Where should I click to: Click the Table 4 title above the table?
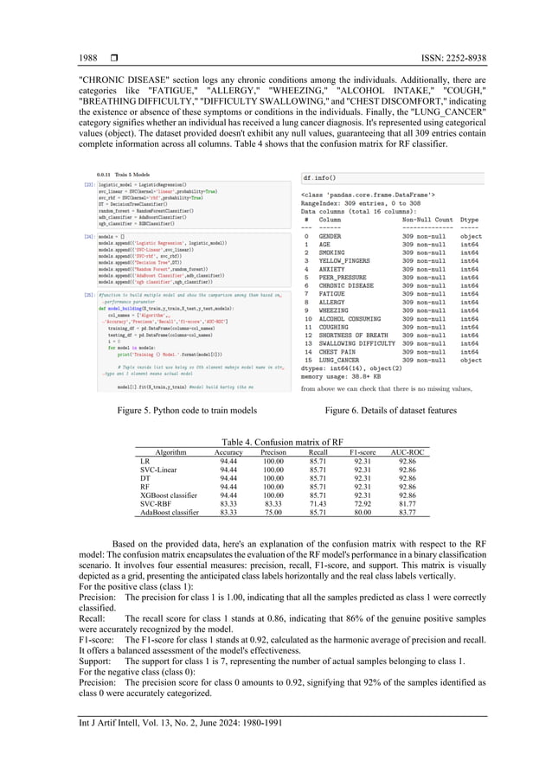[x=276, y=441]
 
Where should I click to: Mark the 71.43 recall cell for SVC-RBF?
[x=318, y=503]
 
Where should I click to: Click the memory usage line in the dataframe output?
[x=340, y=377]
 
